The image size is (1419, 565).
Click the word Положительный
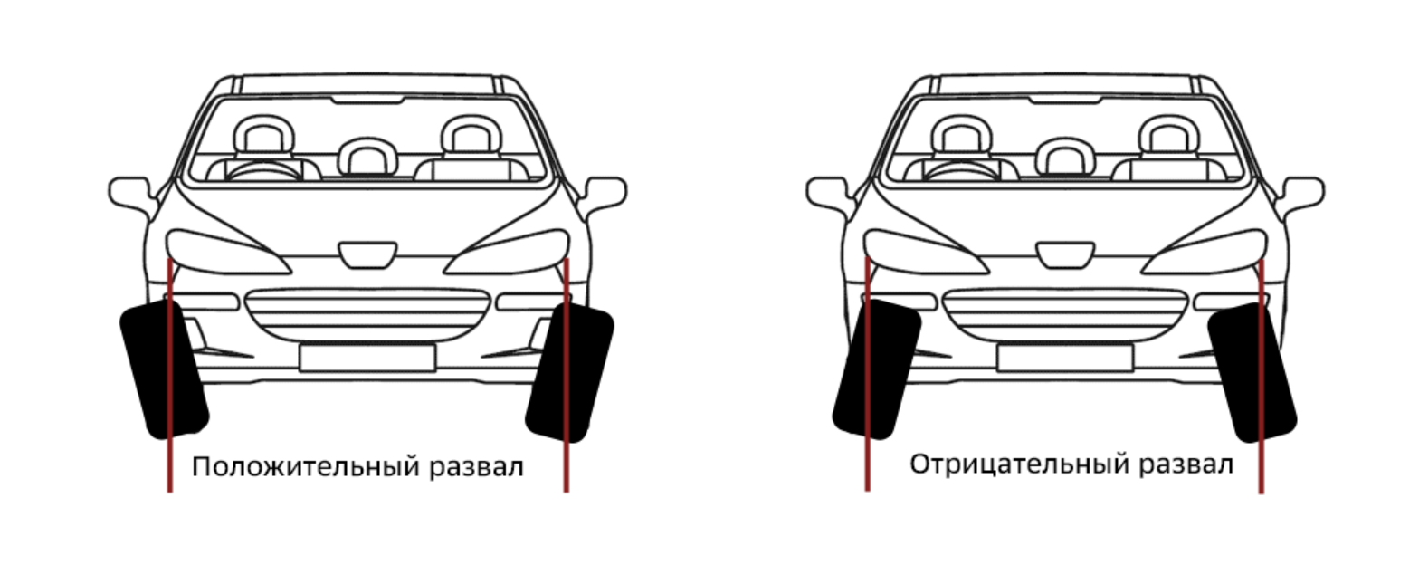306,467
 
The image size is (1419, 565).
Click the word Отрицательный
1020,464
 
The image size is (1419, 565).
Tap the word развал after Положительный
476,467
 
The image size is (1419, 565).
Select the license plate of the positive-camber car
367,358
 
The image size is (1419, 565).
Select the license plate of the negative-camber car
1065,358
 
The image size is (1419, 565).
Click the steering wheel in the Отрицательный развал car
962,170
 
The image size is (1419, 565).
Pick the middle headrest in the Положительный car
368,156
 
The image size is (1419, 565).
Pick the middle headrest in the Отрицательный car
1066,156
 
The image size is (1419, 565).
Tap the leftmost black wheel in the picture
164,370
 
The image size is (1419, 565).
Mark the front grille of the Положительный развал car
367,315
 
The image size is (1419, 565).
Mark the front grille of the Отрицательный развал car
1065,315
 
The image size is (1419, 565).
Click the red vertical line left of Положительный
169,375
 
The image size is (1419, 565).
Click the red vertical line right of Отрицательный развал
1262,376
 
